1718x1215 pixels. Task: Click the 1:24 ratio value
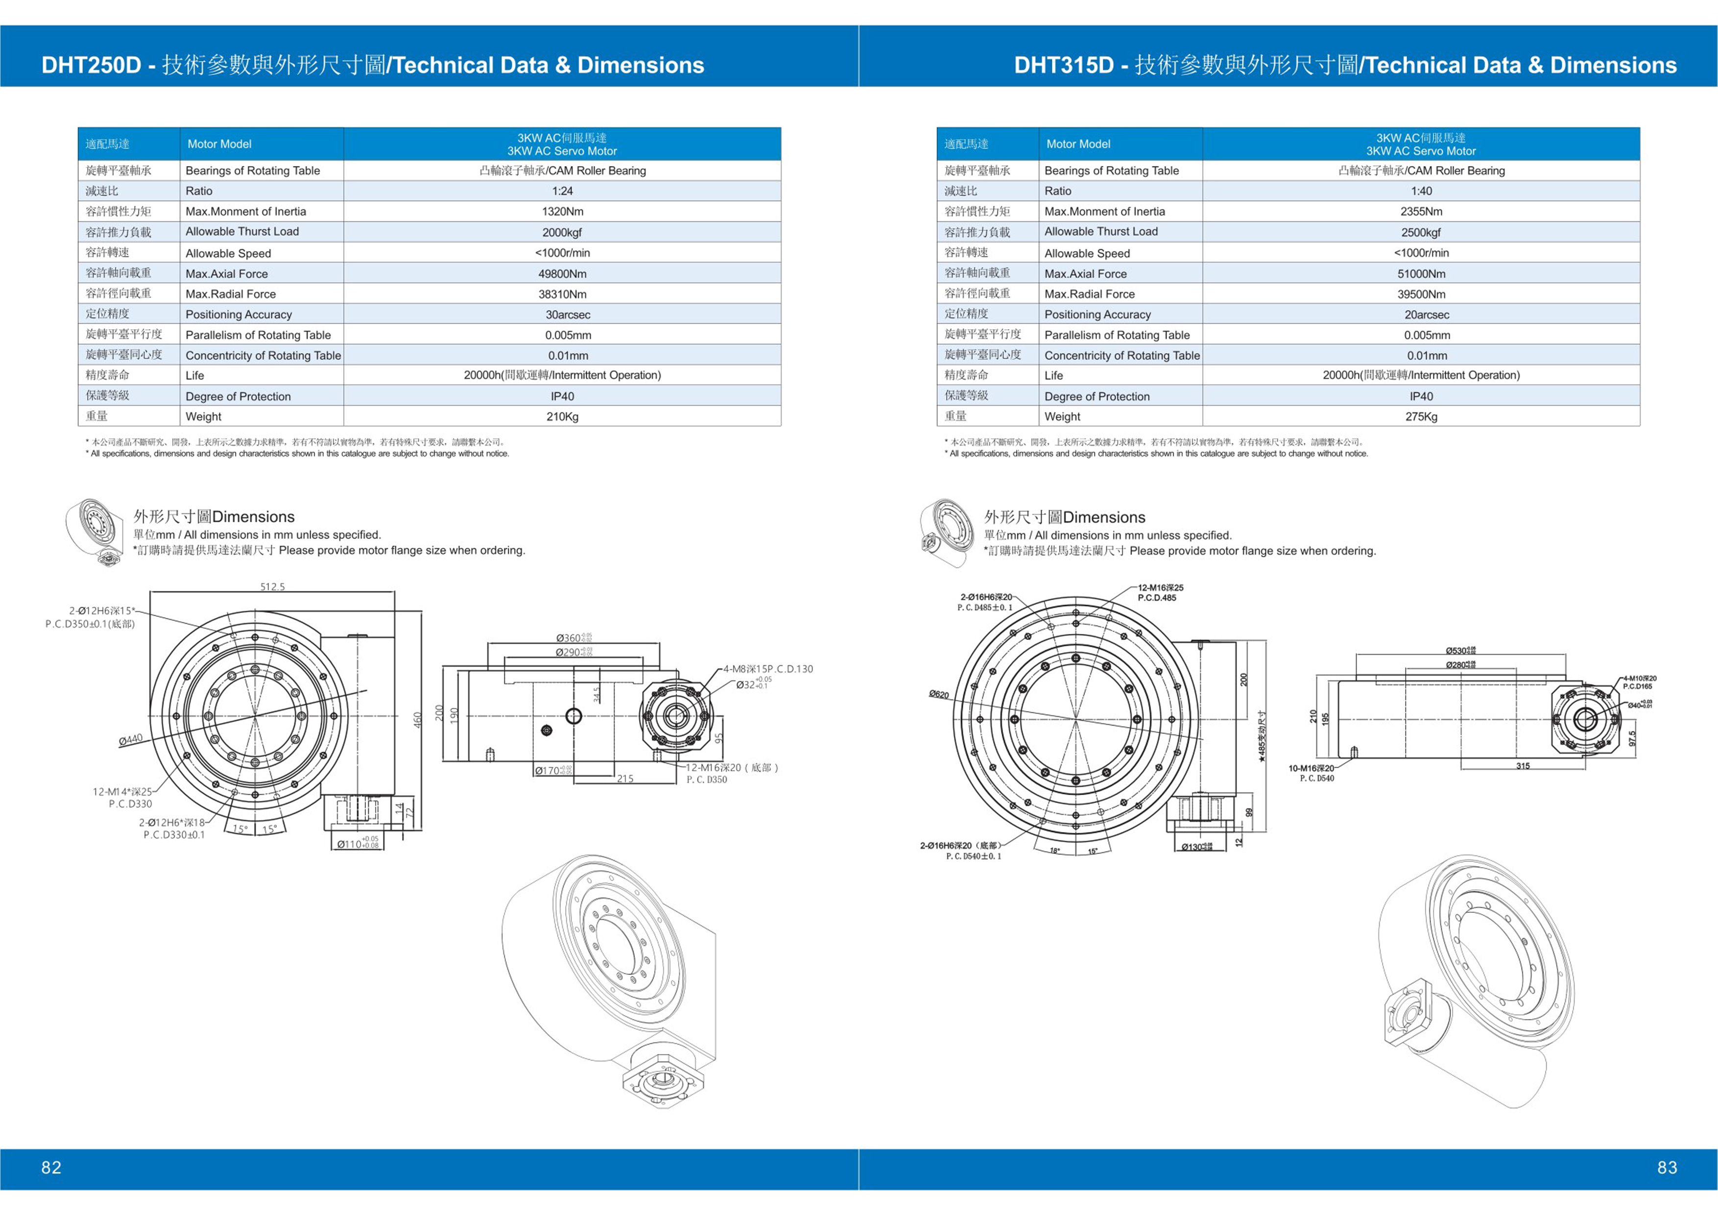pyautogui.click(x=562, y=191)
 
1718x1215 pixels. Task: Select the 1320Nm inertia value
pyautogui.click(x=562, y=212)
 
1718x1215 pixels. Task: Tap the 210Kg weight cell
pyautogui.click(x=562, y=416)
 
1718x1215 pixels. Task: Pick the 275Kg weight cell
pyautogui.click(x=1421, y=416)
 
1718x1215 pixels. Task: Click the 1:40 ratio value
pyautogui.click(x=1421, y=191)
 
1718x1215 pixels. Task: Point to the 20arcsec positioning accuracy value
pyautogui.click(x=1426, y=315)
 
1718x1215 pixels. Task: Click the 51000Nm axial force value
pyautogui.click(x=1421, y=274)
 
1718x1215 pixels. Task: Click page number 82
pyautogui.click(x=51, y=1167)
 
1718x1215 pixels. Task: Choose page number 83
pyautogui.click(x=1667, y=1167)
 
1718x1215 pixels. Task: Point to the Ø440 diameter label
pyautogui.click(x=131, y=740)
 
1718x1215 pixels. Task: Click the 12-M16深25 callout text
pyautogui.click(x=1161, y=588)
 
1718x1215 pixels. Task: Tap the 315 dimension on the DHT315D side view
pyautogui.click(x=1523, y=766)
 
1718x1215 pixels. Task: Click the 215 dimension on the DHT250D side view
pyautogui.click(x=625, y=778)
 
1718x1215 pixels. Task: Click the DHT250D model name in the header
pyautogui.click(x=91, y=65)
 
